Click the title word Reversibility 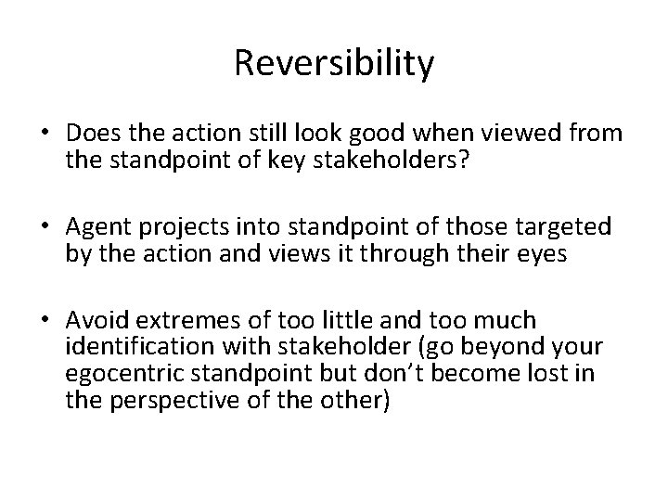pyautogui.click(x=334, y=64)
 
